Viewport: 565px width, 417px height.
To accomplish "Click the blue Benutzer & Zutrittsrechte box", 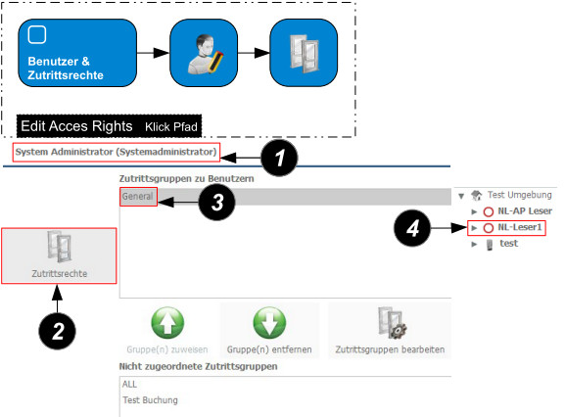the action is click(x=77, y=53).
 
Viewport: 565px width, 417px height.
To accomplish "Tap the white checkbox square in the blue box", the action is click(x=37, y=35).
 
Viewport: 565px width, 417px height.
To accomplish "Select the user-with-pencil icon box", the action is click(x=204, y=53).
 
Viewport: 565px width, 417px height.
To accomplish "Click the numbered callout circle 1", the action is click(x=279, y=158).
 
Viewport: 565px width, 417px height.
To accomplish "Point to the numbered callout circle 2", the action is click(x=58, y=331).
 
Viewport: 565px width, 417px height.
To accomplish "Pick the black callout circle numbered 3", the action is click(x=217, y=202).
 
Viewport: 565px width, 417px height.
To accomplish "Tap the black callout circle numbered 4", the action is click(x=412, y=228).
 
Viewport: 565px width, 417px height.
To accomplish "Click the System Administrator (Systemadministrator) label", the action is click(x=116, y=152).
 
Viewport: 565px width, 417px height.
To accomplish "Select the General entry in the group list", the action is click(x=138, y=196).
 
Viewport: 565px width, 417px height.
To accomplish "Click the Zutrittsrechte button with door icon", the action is click(x=59, y=255).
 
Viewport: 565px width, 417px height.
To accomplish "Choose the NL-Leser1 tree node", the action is click(x=520, y=227).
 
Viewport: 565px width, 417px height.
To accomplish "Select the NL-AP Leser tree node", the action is click(x=525, y=211).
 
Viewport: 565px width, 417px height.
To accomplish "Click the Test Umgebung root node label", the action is click(x=520, y=195).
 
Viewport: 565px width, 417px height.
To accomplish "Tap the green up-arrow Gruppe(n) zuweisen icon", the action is click(x=167, y=323).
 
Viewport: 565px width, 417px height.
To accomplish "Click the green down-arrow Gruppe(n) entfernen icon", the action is click(x=269, y=323).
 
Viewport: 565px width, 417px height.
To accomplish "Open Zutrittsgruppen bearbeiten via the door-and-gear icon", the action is click(x=392, y=323).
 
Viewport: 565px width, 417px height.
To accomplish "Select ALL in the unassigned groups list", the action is click(x=129, y=385).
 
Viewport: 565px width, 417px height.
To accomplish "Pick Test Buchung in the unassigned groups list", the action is click(x=150, y=400).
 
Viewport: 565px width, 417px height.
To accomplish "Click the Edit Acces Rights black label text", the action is click(x=76, y=126).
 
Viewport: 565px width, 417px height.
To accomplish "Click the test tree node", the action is click(x=509, y=244).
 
